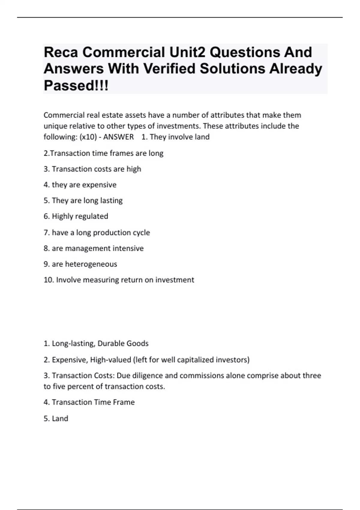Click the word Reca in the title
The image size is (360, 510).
(61, 52)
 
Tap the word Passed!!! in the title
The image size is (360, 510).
(76, 85)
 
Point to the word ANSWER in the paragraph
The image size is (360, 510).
(118, 137)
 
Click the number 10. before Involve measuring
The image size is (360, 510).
(49, 280)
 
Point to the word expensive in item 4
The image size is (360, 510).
(99, 185)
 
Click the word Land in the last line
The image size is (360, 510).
(60, 418)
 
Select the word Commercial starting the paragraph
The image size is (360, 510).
(64, 115)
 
